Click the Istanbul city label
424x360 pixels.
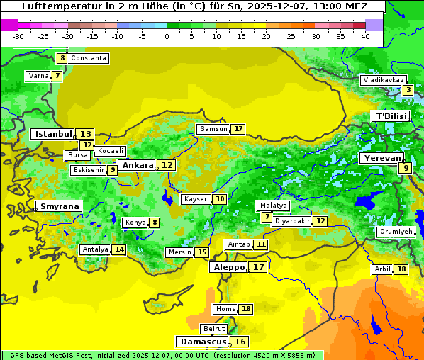click(53, 134)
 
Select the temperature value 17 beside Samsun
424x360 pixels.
click(238, 129)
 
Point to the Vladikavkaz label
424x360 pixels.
click(383, 80)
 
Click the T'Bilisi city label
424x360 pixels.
click(391, 116)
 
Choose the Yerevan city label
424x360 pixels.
click(381, 159)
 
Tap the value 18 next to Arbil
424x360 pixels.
click(401, 269)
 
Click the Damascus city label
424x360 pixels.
click(202, 342)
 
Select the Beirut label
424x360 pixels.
click(214, 329)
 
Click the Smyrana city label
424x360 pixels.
click(59, 207)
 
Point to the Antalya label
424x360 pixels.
click(95, 249)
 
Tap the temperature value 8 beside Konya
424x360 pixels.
click(154, 223)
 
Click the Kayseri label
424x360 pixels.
click(196, 199)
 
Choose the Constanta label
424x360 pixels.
click(89, 58)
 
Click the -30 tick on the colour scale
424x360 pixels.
click(18, 36)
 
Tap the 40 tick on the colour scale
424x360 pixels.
click(364, 36)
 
